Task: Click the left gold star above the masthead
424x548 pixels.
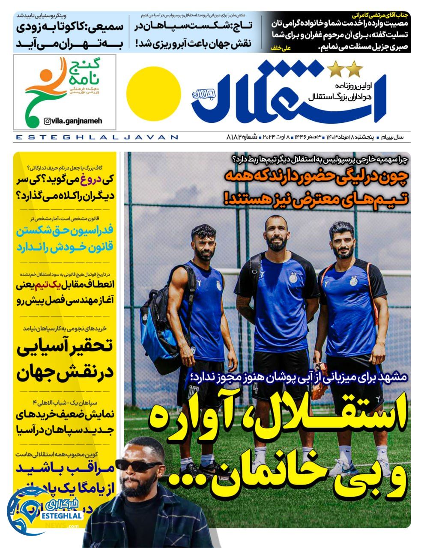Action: [x=333, y=68]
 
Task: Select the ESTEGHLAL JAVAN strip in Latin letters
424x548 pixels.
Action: [x=96, y=137]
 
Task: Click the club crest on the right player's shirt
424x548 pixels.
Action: [x=355, y=281]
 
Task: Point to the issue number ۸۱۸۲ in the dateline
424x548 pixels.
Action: [x=236, y=137]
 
